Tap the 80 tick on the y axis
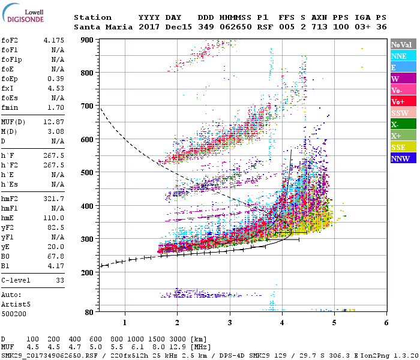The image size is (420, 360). click(x=89, y=312)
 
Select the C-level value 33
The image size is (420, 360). click(x=60, y=280)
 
